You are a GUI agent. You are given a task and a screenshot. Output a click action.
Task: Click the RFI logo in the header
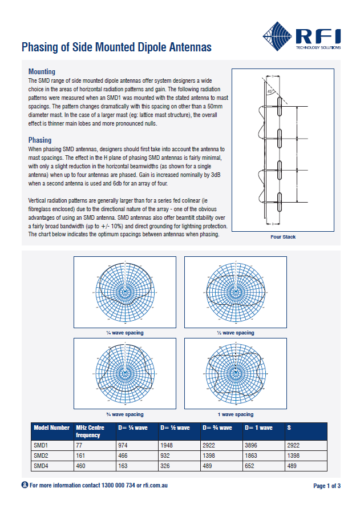coord(301,35)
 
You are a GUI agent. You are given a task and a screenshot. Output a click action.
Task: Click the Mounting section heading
coord(42,72)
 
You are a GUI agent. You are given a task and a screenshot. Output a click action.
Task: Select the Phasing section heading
coord(40,140)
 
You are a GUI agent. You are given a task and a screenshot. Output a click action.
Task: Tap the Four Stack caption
coord(283,236)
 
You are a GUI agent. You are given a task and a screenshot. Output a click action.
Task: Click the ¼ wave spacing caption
coord(124,332)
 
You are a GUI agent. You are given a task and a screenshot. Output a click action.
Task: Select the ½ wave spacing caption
coord(235,332)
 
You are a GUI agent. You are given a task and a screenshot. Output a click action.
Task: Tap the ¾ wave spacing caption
coord(124,414)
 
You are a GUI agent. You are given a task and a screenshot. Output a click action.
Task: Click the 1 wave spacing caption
coord(235,414)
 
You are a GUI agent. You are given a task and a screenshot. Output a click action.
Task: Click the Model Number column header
coord(51,428)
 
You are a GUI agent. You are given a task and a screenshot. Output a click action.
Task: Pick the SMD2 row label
coord(43,455)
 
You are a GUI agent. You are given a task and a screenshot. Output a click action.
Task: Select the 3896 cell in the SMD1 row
coord(254,445)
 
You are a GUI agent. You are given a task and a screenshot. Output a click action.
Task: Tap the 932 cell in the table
coord(168,455)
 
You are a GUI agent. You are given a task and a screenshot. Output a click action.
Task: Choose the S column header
coord(289,428)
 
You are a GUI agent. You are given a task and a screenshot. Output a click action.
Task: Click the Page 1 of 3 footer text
coord(327,486)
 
